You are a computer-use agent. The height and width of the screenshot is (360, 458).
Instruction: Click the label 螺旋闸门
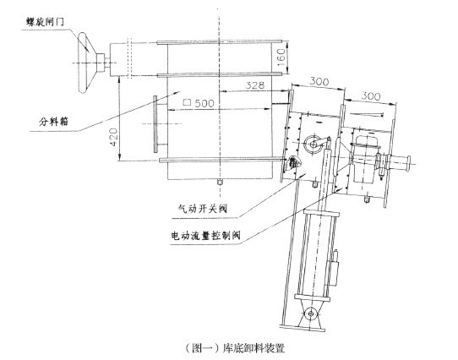point(45,22)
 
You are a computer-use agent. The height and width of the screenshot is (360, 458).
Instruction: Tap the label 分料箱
point(53,121)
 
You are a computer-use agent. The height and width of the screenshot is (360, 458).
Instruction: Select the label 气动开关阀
point(203,209)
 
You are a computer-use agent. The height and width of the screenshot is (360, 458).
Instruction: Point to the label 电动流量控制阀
point(206,235)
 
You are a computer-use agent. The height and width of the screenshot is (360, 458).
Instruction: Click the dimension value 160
point(281,57)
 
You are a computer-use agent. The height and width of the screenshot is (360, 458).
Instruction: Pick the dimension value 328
point(254,85)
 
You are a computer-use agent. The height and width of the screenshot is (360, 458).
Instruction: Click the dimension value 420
point(113,138)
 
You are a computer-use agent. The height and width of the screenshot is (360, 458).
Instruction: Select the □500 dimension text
point(199,103)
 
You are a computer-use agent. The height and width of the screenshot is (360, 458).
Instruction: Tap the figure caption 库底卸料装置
point(254,347)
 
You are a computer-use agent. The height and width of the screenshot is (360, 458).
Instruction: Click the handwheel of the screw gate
point(85,63)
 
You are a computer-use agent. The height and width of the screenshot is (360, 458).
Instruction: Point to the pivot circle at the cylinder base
point(311,314)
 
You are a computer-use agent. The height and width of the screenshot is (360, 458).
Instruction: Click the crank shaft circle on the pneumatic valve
point(312,145)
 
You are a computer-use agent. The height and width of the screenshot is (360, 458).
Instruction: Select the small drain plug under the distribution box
point(220,182)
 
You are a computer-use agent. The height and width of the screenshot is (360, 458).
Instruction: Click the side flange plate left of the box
point(155,124)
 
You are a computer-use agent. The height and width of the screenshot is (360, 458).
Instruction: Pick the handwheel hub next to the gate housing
point(101,63)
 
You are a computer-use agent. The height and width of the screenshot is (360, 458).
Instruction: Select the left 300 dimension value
point(319,81)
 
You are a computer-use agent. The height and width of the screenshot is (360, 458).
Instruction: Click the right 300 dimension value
point(371,95)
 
